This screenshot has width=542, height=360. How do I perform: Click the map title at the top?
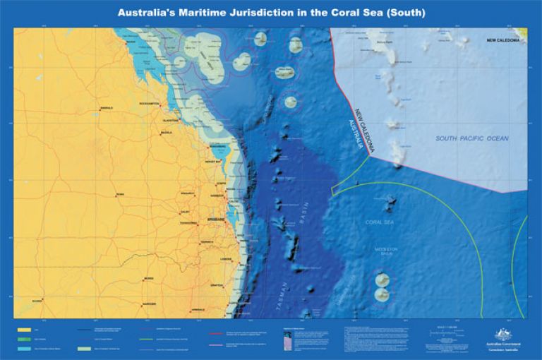pyautogui.click(x=271, y=13)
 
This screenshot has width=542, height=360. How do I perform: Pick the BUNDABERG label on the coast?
pyautogui.click(x=218, y=147)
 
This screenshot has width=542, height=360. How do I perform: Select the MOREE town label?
pyautogui.click(x=148, y=279)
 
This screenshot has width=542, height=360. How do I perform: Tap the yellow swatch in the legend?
pyautogui.click(x=25, y=330)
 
